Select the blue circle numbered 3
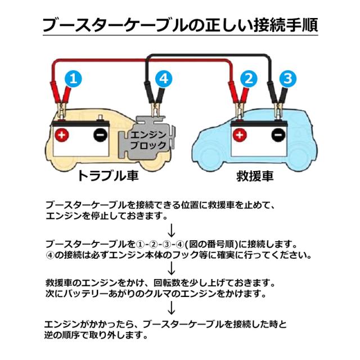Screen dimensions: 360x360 coord(287,79)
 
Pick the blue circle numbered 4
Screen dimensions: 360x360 coord(163,79)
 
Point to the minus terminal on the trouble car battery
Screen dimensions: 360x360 coord(101,135)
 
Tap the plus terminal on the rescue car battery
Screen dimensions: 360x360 coord(240,135)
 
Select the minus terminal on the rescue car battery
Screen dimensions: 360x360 coord(278,135)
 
